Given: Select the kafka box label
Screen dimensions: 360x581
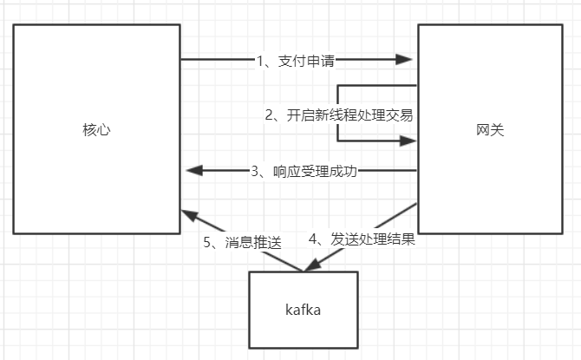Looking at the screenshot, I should click(x=303, y=310).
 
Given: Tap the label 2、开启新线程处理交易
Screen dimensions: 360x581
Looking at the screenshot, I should click(x=339, y=115).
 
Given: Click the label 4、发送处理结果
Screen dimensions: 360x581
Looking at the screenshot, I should click(x=362, y=239).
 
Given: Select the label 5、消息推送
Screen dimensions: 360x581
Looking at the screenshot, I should click(x=243, y=243).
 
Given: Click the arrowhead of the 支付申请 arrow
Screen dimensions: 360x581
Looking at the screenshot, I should click(x=403, y=60).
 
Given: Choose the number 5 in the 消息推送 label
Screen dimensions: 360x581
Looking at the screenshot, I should click(x=208, y=243).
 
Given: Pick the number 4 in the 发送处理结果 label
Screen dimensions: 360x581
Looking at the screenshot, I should click(x=313, y=239).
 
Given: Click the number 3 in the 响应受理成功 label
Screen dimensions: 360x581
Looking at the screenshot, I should click(x=256, y=171).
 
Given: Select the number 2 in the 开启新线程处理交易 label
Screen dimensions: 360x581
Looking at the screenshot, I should click(x=270, y=115).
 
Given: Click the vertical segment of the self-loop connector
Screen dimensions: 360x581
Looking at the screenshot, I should click(x=338, y=100).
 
